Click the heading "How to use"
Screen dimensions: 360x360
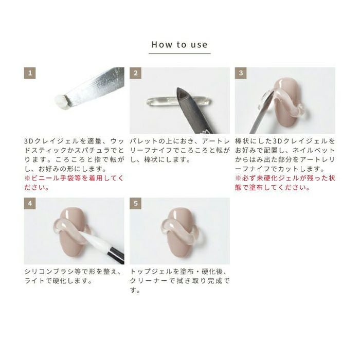[x=179, y=45]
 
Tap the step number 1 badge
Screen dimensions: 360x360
[x=30, y=73]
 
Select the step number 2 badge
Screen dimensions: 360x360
[x=135, y=73]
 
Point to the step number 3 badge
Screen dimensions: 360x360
[x=241, y=73]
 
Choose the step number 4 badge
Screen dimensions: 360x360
[x=30, y=204]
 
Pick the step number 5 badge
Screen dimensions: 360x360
[x=135, y=204]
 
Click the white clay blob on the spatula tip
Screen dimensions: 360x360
[x=62, y=101]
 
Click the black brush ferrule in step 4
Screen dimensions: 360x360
[x=116, y=255]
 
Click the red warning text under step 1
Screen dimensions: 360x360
[x=74, y=183]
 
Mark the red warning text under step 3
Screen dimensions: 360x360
[x=285, y=183]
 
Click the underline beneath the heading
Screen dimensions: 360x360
[x=179, y=53]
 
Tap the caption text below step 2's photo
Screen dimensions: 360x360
[x=179, y=150]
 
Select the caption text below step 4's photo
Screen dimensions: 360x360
[x=73, y=276]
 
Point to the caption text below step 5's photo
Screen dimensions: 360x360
[x=179, y=281]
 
